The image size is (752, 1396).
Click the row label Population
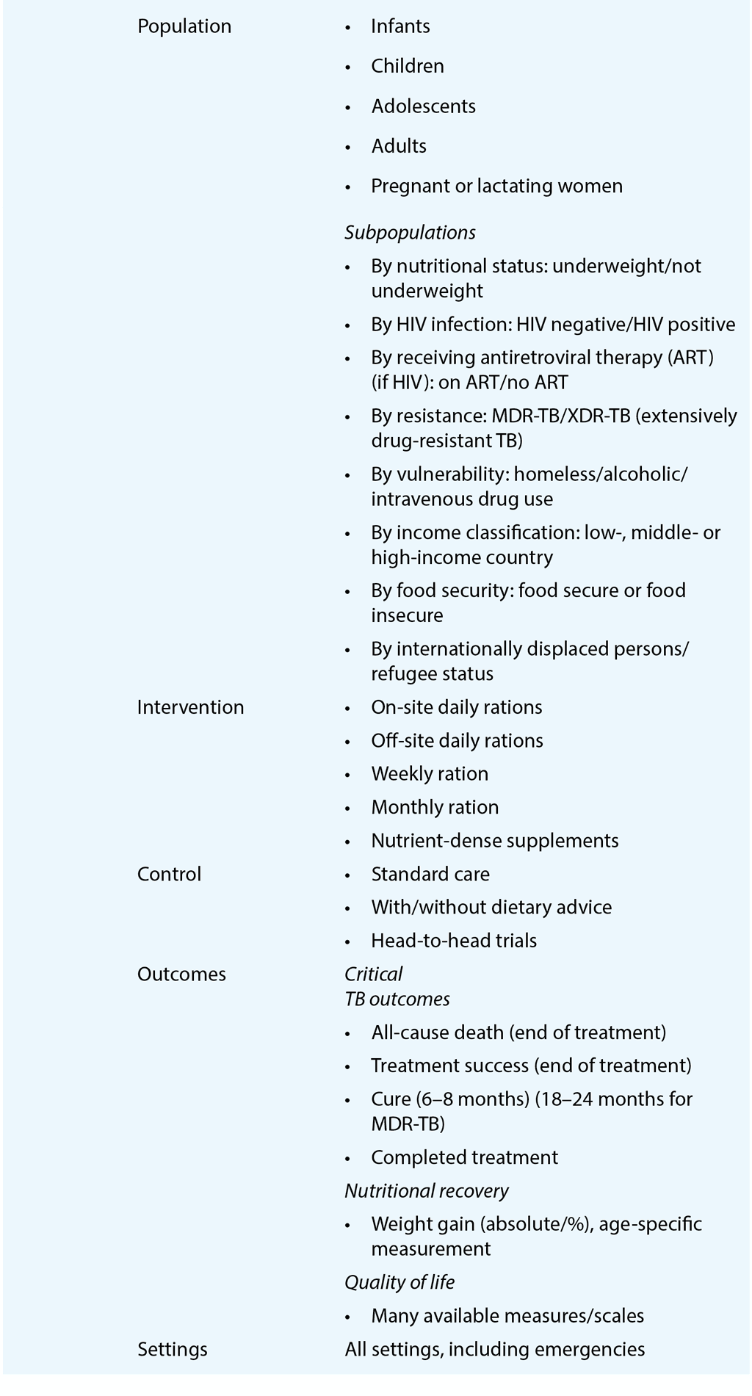(184, 26)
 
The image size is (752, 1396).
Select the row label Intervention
(190, 707)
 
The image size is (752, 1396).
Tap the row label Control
(169, 874)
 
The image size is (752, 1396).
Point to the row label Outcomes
(181, 974)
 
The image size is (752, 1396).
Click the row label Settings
(172, 1349)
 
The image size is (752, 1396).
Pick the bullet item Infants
(400, 26)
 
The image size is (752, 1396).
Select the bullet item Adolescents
(423, 106)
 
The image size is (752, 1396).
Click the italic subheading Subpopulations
(410, 233)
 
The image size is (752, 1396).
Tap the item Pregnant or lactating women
(496, 187)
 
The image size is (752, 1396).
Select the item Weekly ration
(430, 774)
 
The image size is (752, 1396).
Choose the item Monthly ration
(435, 807)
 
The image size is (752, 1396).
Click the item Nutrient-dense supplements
(495, 841)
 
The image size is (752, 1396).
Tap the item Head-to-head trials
(454, 941)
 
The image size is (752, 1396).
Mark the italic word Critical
(373, 974)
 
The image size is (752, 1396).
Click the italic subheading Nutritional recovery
(426, 1190)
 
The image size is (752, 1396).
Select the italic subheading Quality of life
(399, 1282)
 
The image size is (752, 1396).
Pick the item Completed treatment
(464, 1157)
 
